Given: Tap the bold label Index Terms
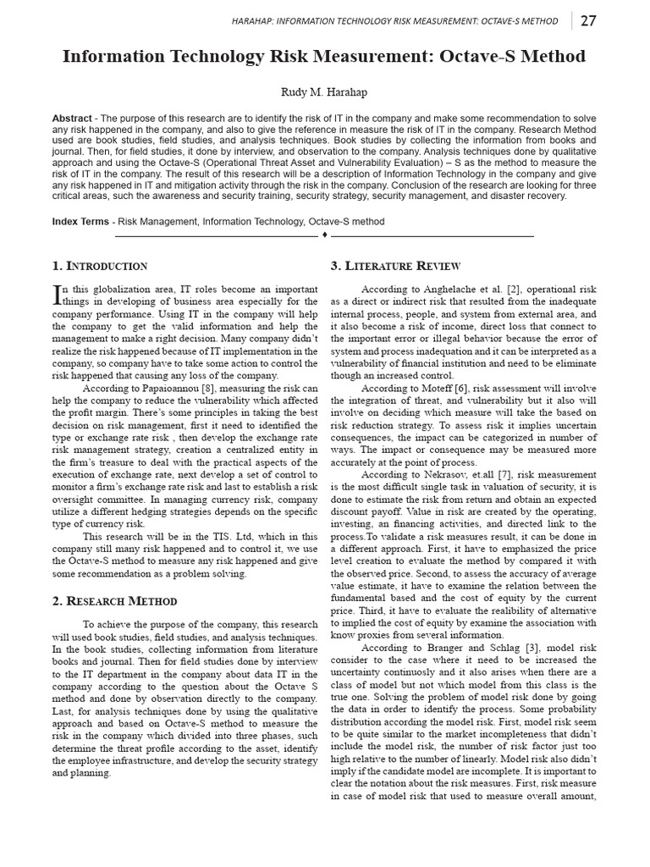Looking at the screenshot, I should click(80, 222).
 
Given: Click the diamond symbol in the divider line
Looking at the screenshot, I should click(325, 235).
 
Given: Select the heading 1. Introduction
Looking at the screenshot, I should click(100, 266).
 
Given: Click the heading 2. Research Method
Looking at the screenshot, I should click(114, 601).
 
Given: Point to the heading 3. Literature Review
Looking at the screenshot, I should click(389, 266).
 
